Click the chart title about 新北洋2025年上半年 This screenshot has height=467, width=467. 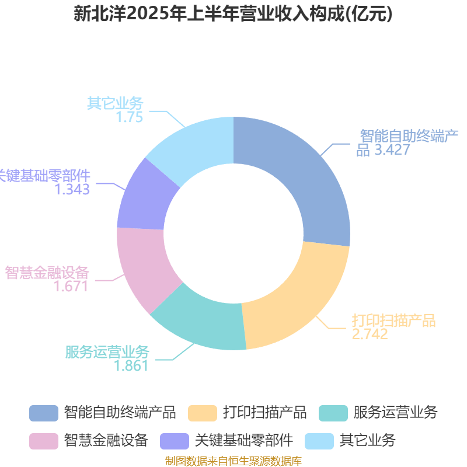click(x=233, y=14)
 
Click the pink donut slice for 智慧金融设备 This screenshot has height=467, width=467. click(x=143, y=268)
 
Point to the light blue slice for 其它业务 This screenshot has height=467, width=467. click(x=194, y=146)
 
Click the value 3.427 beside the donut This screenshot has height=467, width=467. click(x=392, y=149)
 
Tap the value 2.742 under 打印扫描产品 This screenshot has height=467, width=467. click(x=370, y=334)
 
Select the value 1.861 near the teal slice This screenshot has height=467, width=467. click(x=131, y=366)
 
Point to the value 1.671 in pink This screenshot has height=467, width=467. click(x=71, y=286)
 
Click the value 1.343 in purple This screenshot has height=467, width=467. click(x=72, y=189)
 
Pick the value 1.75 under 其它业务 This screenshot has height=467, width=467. click(x=129, y=117)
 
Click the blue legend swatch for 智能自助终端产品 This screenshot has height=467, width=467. click(x=44, y=413)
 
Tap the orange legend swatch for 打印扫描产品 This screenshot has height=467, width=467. click(x=203, y=413)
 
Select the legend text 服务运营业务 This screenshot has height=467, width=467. click(x=396, y=413)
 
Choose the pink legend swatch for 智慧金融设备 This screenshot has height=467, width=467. click(x=44, y=441)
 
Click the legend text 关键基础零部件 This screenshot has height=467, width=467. click(x=244, y=441)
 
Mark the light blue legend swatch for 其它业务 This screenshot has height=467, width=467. click(x=319, y=441)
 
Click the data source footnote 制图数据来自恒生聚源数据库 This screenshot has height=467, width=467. click(x=233, y=461)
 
